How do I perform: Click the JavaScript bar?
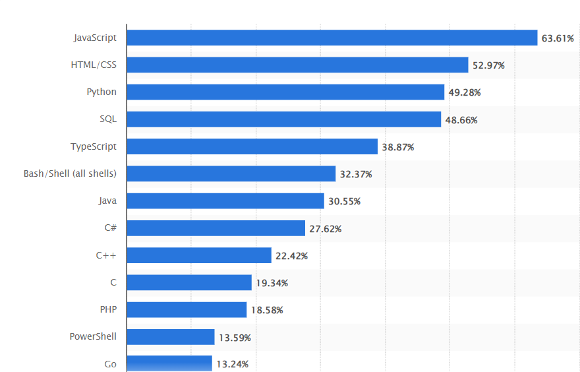332,38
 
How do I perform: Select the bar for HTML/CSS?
297,65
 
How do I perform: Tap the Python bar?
285,92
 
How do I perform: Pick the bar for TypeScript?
252,146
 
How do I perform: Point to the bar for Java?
225,201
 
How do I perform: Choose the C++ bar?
199,255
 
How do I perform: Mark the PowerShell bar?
171,337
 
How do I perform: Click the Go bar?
169,363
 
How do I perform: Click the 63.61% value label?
558,38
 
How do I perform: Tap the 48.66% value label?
461,120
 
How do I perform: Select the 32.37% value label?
356,174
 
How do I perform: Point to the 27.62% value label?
326,229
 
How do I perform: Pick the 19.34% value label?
272,283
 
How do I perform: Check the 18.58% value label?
267,310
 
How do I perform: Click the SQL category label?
107,119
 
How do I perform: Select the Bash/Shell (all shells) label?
70,173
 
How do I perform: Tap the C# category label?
109,228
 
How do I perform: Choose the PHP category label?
107,309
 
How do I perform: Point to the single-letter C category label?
113,282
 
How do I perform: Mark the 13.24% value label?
232,364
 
